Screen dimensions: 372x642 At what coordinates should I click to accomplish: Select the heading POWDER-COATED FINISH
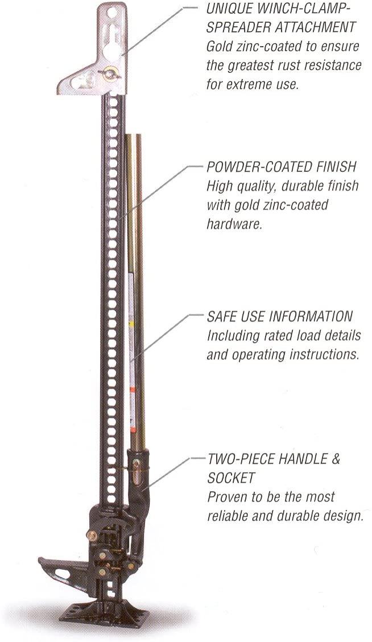click(x=281, y=167)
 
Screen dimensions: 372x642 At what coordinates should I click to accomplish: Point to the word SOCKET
click(x=232, y=478)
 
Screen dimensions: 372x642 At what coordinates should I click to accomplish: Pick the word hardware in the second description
click(x=234, y=224)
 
